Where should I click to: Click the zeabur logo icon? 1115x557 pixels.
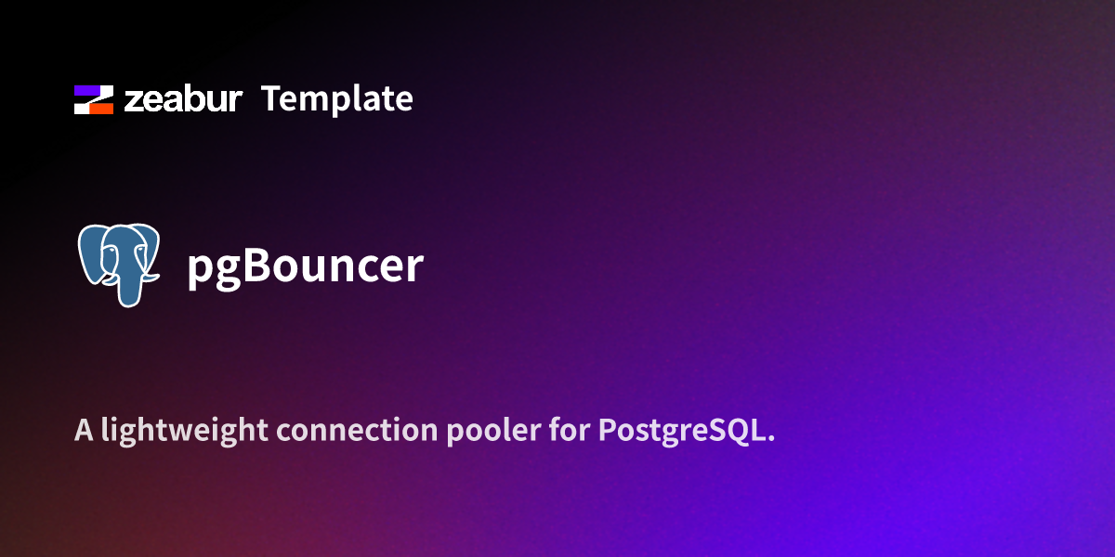pyautogui.click(x=93, y=99)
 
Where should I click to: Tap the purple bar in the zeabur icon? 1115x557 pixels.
pyautogui.click(x=88, y=91)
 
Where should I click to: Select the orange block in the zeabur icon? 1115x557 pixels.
pyautogui.click(x=100, y=108)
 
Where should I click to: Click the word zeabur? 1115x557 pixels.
pyautogui.click(x=183, y=98)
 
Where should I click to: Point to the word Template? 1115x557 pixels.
pyautogui.click(x=336, y=98)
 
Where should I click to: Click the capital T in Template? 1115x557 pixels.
pyautogui.click(x=271, y=98)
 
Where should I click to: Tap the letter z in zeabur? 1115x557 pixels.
pyautogui.click(x=133, y=101)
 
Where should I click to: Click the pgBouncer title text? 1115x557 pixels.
pyautogui.click(x=306, y=266)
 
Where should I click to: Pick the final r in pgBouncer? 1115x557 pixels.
pyautogui.click(x=414, y=268)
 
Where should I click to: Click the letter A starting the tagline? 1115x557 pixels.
pyautogui.click(x=83, y=431)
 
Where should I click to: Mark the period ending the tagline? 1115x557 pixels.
pyautogui.click(x=770, y=440)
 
